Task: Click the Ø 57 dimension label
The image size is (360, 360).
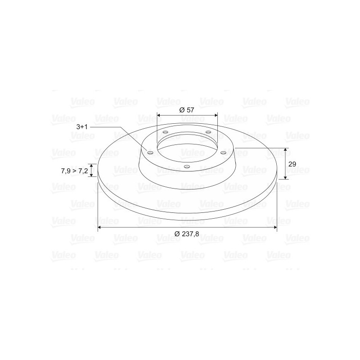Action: click(186, 110)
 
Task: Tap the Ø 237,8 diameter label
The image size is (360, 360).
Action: click(187, 234)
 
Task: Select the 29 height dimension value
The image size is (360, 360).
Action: click(292, 164)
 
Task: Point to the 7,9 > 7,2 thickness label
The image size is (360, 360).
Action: click(74, 171)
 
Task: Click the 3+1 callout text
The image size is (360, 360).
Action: click(82, 127)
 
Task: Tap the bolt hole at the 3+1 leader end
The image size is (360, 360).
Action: click(150, 153)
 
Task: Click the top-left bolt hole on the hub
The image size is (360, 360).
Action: click(165, 132)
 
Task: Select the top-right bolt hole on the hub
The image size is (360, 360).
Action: click(208, 132)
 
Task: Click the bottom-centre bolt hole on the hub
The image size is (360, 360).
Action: click(187, 166)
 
